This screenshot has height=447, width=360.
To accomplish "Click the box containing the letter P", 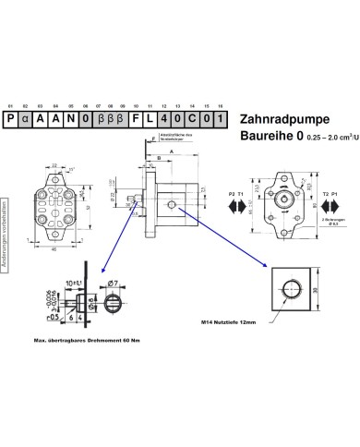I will pyautogui.click(x=10, y=120).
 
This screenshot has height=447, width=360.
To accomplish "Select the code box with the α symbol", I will pyautogui.click(x=26, y=120).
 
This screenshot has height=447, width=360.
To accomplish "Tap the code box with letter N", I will pyautogui.click(x=71, y=120).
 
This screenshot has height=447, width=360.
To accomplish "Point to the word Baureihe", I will pyautogui.click(x=266, y=139).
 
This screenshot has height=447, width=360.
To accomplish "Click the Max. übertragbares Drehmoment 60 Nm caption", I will pyautogui.click(x=86, y=342).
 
